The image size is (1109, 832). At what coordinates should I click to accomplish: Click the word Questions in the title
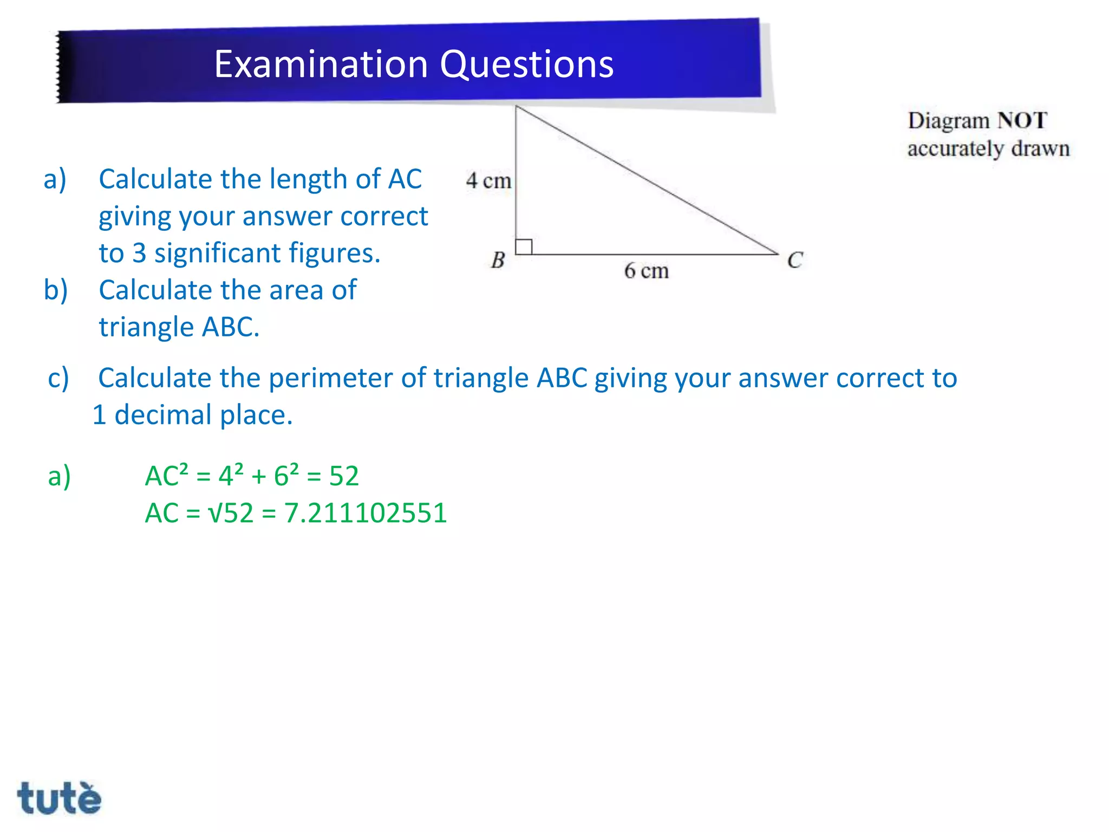[x=526, y=64]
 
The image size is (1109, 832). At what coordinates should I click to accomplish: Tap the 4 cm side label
[x=488, y=181]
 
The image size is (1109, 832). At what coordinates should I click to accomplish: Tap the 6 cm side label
[x=646, y=271]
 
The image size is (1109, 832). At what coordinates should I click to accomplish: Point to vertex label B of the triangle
[x=498, y=261]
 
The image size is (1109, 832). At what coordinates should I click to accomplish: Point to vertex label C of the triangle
[x=794, y=261]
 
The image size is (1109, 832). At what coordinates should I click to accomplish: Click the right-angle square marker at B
[x=524, y=247]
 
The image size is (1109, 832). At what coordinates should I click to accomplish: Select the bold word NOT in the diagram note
[x=1022, y=120]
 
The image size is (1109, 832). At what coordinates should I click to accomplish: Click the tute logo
[x=59, y=798]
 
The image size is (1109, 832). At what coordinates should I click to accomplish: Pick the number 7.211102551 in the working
[x=366, y=513]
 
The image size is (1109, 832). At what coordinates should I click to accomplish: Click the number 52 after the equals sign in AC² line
[x=344, y=476]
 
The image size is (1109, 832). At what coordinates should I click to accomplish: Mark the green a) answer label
[x=59, y=476]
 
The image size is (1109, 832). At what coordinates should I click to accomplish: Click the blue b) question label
[x=56, y=290]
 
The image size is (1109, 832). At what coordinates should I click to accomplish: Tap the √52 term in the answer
[x=231, y=513]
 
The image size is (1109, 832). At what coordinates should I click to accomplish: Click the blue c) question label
[x=58, y=378]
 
